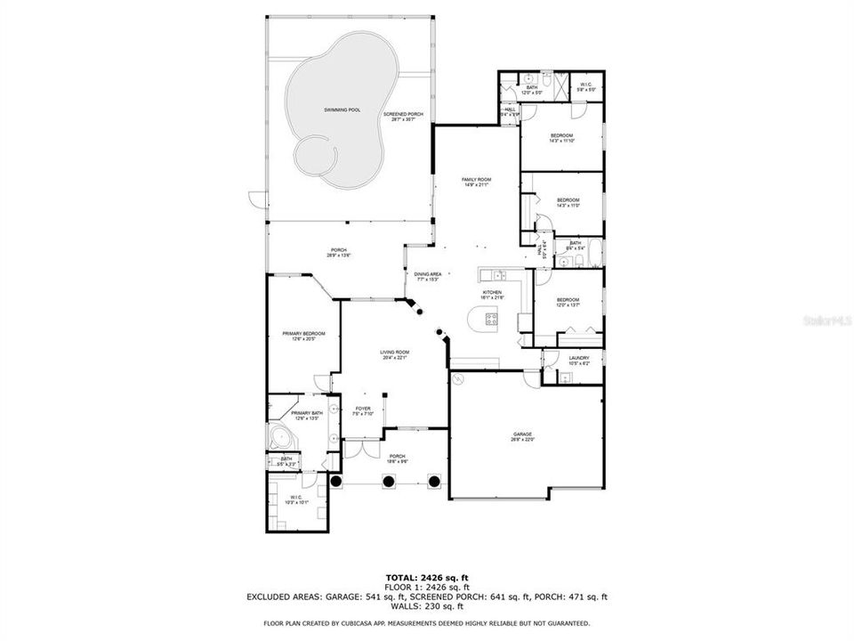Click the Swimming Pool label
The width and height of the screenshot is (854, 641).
coord(342,110)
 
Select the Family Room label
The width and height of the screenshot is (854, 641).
coord(476,183)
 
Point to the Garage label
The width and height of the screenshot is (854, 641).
coord(521,436)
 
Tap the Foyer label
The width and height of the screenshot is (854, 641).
coord(363,410)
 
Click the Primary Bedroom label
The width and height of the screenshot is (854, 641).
coord(303,336)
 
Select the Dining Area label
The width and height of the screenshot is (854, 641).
coord(427,276)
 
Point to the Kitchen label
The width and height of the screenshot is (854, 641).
coord(492,295)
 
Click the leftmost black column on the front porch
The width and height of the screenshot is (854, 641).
coord(337,482)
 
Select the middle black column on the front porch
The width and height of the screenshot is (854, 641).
coord(389,482)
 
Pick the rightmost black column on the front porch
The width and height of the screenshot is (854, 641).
coord(435,482)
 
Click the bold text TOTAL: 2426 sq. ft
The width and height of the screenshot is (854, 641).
coord(427,577)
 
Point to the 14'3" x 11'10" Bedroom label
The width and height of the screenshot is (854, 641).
coord(561,138)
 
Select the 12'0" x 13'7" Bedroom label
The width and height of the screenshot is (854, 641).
coord(568,302)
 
